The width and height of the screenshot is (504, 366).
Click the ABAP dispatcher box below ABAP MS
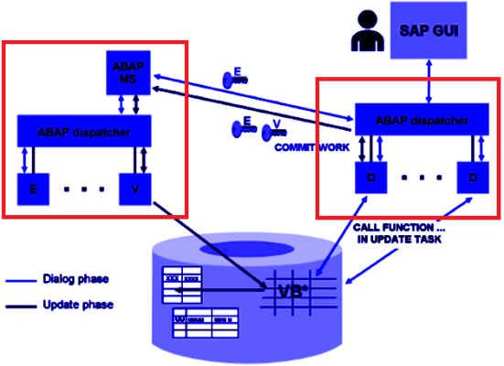click(x=85, y=133)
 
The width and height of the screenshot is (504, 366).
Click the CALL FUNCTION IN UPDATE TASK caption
click(x=391, y=231)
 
